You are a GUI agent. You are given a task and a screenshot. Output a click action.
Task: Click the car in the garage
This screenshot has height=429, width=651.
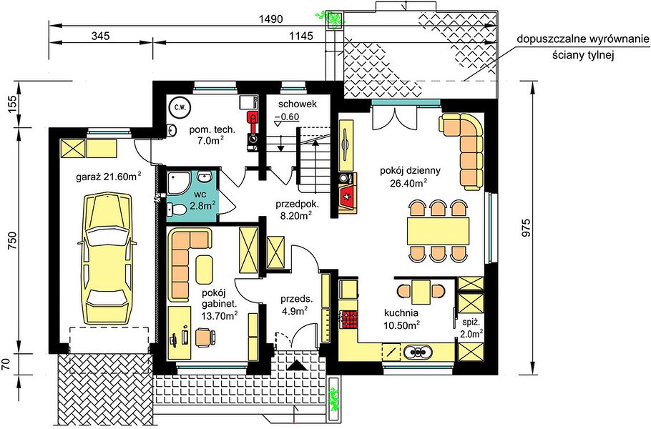107,258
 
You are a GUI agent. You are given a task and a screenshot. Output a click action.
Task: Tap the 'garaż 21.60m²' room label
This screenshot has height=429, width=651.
108,177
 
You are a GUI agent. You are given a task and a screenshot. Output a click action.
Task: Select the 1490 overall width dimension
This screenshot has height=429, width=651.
270,19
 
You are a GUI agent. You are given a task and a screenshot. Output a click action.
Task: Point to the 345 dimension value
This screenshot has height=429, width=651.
100,36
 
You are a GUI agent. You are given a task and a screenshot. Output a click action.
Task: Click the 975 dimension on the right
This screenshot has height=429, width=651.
526,228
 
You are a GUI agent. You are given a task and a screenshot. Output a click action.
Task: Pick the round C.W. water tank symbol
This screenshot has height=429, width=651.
180,107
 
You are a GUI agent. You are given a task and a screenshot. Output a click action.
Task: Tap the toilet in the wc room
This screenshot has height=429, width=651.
176,209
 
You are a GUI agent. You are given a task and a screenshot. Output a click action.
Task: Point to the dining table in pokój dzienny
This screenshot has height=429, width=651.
438,231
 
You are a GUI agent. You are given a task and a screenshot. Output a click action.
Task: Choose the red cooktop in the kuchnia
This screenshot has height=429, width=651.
348,319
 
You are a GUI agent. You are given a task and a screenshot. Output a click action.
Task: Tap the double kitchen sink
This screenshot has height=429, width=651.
417,352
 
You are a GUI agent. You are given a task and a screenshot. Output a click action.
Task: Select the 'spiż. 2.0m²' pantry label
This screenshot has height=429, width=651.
471,327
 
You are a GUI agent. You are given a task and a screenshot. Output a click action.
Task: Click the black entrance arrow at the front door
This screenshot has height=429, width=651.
298,365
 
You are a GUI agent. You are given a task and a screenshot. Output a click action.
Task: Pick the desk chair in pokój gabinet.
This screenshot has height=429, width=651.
205,336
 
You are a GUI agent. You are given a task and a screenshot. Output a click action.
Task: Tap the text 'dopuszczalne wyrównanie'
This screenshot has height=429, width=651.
582,39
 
